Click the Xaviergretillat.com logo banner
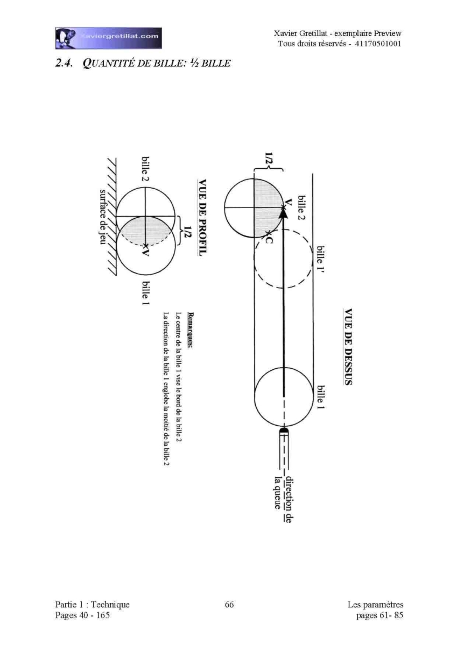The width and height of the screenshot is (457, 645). tap(108, 38)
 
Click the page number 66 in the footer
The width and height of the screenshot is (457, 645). tap(229, 604)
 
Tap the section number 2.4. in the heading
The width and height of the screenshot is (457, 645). tap(64, 63)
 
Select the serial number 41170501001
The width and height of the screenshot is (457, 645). tap(378, 44)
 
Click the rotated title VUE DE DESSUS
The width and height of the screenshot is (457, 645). tap(348, 347)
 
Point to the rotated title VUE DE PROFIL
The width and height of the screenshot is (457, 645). tap(202, 217)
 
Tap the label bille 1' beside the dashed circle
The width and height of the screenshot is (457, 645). tap(320, 263)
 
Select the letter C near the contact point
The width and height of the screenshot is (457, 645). tap(269, 240)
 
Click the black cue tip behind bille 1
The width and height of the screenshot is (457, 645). tap(284, 431)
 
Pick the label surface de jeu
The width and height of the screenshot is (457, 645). tap(103, 217)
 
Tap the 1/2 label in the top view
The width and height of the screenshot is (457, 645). tap(269, 162)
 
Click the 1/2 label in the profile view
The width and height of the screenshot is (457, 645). tap(187, 231)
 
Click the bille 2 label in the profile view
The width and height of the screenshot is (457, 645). tap(146, 169)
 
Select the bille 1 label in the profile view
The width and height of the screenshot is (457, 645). tap(146, 293)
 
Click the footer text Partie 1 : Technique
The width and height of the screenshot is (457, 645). tap(92, 604)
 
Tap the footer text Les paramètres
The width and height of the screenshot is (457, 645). tap(375, 604)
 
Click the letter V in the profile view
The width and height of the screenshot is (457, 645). tap(145, 253)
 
